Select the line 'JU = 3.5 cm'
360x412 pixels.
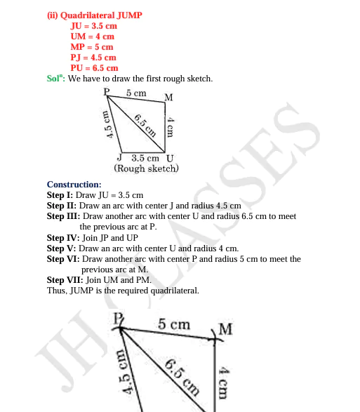94,25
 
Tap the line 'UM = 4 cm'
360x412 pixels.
92,36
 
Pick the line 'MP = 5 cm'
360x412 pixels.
92,46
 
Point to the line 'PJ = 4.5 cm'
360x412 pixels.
93,57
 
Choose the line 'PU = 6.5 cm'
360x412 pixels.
94,67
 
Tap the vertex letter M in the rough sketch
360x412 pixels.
169,97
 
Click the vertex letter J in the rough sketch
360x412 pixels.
120,158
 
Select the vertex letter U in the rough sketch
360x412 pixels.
170,158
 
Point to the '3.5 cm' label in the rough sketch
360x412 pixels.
145,158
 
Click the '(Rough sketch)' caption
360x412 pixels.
146,168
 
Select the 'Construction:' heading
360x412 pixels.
74,185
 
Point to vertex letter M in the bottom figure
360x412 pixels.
226,329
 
